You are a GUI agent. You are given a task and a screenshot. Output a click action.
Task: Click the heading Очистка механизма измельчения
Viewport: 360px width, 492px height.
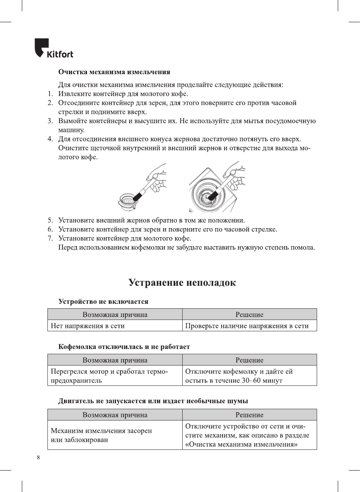[x=114, y=72]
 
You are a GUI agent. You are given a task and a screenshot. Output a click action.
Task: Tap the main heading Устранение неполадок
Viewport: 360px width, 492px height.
[x=182, y=283]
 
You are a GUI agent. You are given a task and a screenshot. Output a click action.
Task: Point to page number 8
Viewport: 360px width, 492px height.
[x=38, y=457]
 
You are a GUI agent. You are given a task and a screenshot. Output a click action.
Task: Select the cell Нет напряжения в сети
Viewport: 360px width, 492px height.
[x=88, y=326]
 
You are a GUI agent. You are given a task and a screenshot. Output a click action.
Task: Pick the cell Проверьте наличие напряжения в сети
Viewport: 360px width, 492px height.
[x=247, y=326]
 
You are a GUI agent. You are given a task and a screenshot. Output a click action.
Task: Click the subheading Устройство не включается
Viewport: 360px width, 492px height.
[x=103, y=302]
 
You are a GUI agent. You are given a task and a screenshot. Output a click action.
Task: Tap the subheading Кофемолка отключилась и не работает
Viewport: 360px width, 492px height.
[x=124, y=347]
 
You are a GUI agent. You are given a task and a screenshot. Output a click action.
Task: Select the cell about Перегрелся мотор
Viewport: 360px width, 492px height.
[x=109, y=376]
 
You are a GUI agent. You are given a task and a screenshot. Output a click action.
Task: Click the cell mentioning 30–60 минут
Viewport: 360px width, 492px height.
[x=239, y=376]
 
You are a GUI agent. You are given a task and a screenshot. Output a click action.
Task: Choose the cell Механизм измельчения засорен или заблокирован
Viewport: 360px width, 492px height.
[x=101, y=435]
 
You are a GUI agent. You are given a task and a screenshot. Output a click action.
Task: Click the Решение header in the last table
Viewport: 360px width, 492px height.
[x=249, y=415]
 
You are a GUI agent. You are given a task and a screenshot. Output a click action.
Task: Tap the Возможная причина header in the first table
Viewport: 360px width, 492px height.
[x=115, y=315]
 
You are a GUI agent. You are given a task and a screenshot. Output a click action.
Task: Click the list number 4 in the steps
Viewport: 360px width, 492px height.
[x=50, y=139]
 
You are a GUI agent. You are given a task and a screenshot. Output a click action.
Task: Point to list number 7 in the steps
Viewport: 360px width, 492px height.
[x=50, y=238]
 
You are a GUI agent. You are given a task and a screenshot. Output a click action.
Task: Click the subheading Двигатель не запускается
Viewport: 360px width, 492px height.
[x=153, y=401]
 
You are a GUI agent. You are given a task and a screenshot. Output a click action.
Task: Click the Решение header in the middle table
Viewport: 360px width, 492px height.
[x=249, y=360]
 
